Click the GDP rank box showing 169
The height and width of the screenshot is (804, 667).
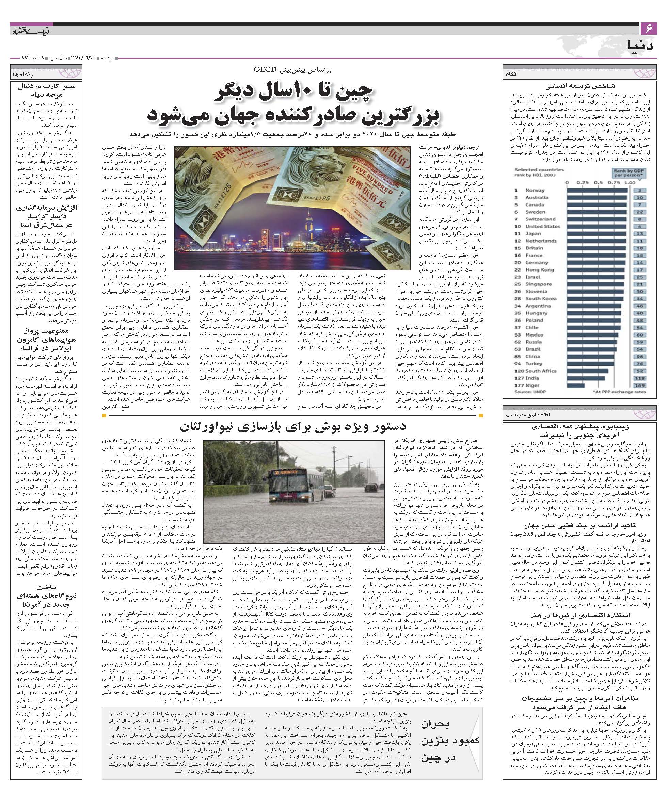tap(640, 385)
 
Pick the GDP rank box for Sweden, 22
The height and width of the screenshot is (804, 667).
tap(640, 212)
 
